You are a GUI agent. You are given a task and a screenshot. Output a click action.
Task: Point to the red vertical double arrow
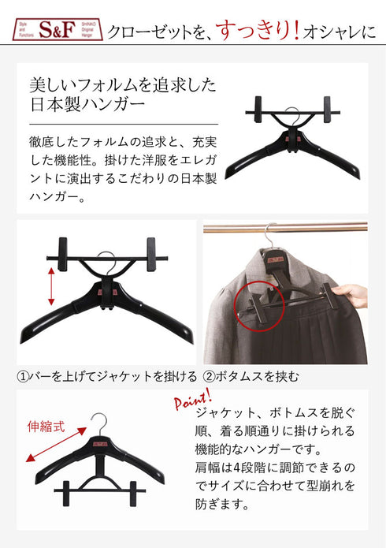(51, 286)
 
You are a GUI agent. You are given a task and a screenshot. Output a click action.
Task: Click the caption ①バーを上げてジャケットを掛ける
(107, 377)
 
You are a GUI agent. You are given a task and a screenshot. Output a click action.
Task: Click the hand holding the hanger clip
(356, 296)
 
